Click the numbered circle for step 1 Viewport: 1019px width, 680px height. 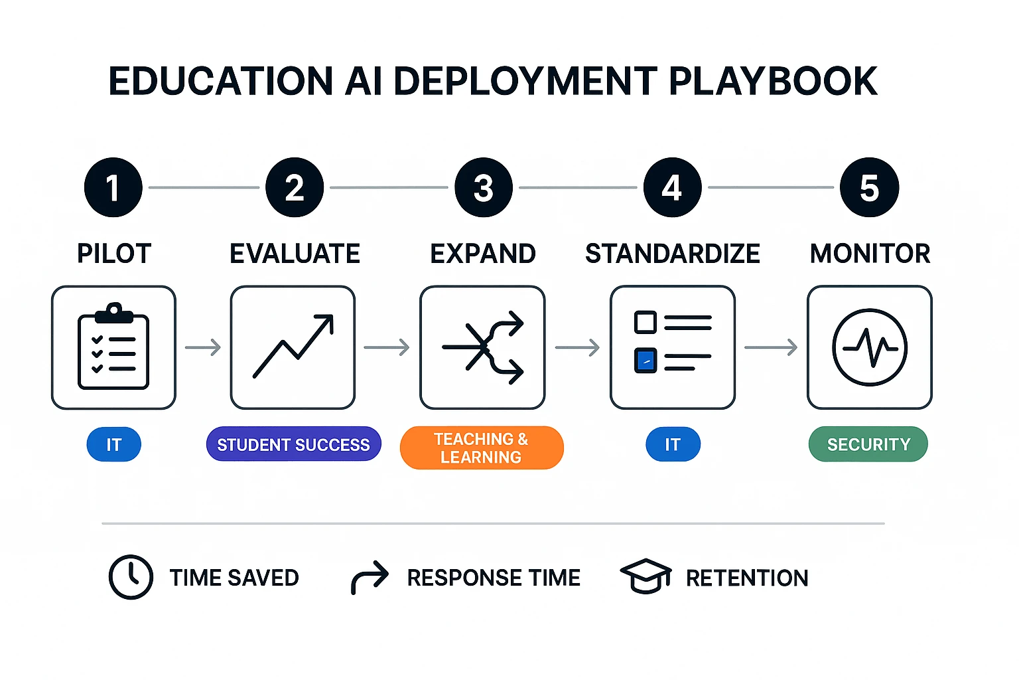[x=113, y=187]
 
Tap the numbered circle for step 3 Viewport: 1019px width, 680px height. [x=484, y=187]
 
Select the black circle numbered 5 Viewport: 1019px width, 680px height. [x=869, y=187]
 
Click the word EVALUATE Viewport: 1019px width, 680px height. [x=295, y=254]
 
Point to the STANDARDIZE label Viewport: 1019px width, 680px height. [x=672, y=254]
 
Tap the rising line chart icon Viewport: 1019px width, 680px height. [x=293, y=347]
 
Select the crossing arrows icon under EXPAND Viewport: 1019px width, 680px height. [x=483, y=347]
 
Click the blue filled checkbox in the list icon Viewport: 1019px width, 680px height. [x=645, y=361]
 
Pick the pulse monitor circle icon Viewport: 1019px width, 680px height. [x=869, y=347]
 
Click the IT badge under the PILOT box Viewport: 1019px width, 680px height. [x=114, y=444]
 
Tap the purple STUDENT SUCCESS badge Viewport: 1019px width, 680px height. [x=293, y=444]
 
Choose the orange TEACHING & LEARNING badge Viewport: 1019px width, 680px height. [x=482, y=448]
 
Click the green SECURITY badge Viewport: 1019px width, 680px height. [x=868, y=444]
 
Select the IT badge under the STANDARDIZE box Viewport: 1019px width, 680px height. [x=673, y=444]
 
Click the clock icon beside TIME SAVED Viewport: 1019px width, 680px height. [x=131, y=577]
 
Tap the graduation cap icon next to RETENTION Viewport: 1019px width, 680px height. [x=645, y=576]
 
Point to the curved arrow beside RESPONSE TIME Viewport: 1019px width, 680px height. [x=370, y=576]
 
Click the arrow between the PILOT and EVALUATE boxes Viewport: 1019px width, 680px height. [x=203, y=347]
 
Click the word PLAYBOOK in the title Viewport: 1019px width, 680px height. [x=773, y=81]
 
